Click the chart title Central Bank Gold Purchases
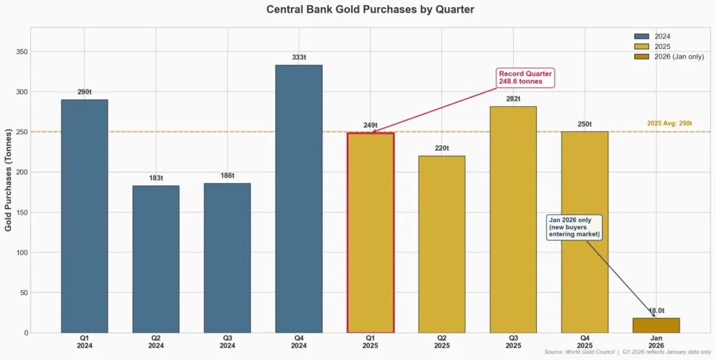[370, 10]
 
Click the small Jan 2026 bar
[656, 325]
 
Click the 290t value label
[85, 92]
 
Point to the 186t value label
[227, 175]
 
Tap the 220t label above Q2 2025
[441, 148]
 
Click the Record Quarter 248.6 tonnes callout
[526, 78]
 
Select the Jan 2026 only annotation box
[574, 227]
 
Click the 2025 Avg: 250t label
[668, 124]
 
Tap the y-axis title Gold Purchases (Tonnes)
[8, 180]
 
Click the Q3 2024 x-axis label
[227, 341]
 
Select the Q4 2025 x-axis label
[584, 341]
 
